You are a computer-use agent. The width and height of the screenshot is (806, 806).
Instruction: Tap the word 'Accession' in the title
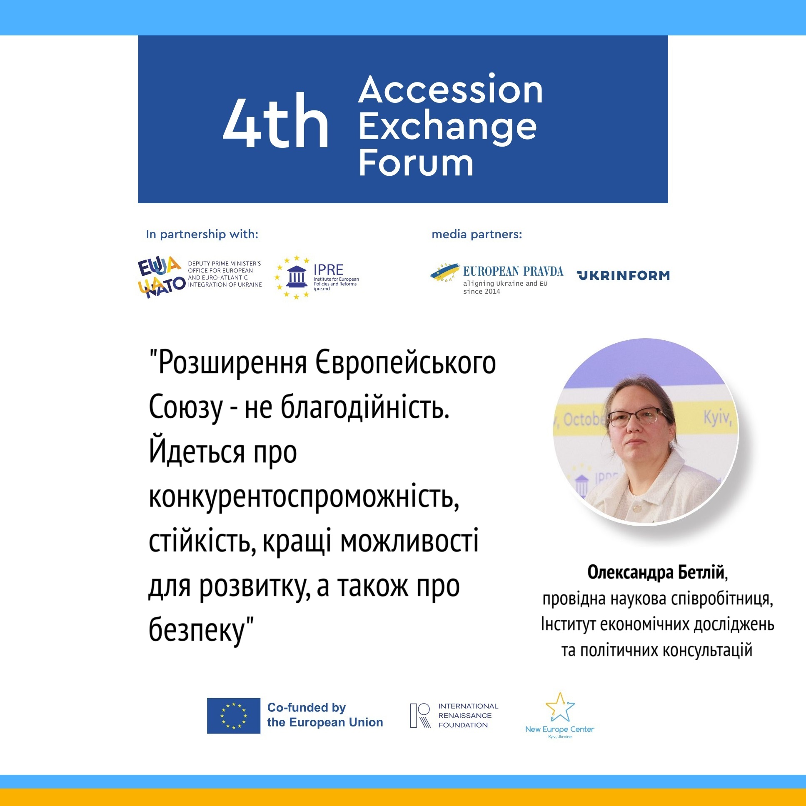(451, 89)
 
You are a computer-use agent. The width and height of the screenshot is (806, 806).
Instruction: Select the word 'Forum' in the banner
(416, 163)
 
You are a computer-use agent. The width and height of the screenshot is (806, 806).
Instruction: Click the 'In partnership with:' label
(202, 235)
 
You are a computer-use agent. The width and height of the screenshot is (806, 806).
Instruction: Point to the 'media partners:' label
(477, 235)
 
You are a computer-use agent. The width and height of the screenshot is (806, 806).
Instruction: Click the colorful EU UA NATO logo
(162, 277)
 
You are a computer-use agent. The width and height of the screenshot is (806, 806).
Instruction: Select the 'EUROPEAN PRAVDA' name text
(513, 272)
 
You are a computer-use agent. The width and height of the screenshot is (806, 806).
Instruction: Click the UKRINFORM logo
(623, 275)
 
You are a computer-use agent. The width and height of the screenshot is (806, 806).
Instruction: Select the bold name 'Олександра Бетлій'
(655, 572)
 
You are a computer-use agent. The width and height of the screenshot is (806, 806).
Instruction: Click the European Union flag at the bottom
(234, 716)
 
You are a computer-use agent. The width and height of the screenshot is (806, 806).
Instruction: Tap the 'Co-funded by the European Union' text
(325, 715)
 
